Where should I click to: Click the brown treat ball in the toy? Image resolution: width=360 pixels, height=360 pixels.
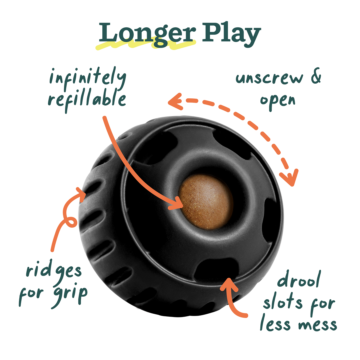[206, 202]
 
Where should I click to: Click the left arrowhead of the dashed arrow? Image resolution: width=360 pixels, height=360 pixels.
[174, 101]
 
